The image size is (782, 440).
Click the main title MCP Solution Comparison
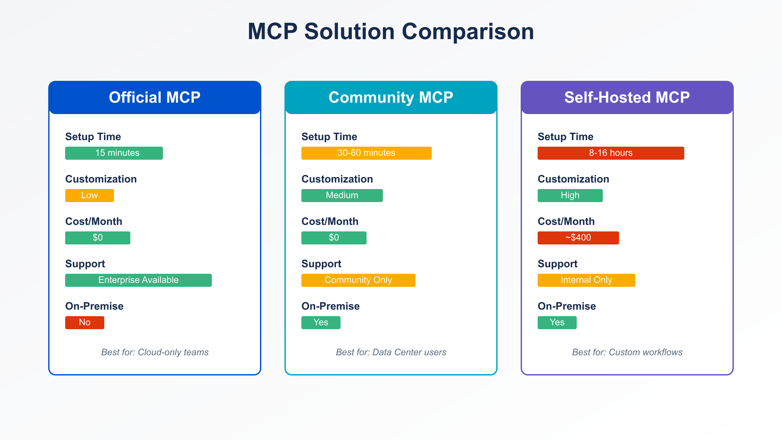tap(391, 32)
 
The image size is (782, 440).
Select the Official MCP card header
tap(155, 97)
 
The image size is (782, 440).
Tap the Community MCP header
tap(391, 97)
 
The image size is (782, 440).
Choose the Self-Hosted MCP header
tap(627, 97)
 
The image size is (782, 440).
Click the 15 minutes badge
tap(114, 153)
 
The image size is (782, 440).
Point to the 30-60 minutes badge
tap(367, 153)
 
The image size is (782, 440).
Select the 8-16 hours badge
tap(611, 153)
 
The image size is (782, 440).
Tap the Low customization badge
tap(90, 196)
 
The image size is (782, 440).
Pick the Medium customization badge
tap(342, 196)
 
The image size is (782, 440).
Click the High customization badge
tap(570, 196)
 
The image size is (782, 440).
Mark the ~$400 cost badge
tap(578, 238)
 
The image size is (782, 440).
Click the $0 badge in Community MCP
tap(334, 238)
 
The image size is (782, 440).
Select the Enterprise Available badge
tap(138, 280)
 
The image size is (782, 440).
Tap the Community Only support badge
tap(358, 280)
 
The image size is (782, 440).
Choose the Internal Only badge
tap(586, 280)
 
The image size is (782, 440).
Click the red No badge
tap(85, 323)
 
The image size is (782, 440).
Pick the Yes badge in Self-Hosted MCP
tap(557, 323)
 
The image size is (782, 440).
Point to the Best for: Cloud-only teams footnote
tap(155, 352)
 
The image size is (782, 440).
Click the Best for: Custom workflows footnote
tap(627, 352)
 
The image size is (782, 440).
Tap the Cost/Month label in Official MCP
tap(94, 221)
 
